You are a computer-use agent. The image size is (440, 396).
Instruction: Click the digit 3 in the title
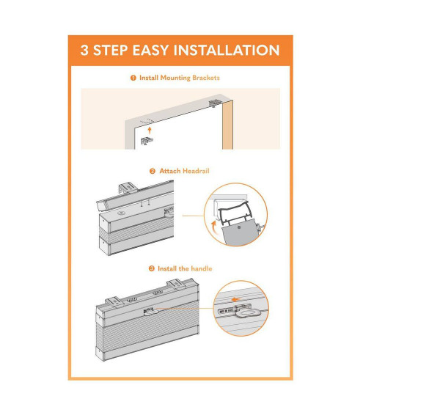[84, 51]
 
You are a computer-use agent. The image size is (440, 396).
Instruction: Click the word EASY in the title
[150, 51]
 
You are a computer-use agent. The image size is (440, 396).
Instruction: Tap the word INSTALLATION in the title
[227, 51]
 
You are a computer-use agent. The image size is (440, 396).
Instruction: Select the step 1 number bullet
[133, 78]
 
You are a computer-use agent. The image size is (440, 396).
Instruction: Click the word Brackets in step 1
[206, 78]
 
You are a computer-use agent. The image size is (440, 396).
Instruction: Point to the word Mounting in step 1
[175, 78]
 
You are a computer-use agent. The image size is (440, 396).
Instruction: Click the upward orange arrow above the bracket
[150, 130]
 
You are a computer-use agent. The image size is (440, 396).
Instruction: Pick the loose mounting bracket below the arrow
[147, 141]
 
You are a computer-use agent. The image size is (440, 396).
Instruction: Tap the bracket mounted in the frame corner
[214, 103]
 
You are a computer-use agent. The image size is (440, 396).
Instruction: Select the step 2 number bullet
[153, 171]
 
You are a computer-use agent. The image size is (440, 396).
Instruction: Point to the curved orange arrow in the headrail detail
[214, 227]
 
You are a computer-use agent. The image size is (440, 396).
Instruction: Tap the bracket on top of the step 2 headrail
[128, 187]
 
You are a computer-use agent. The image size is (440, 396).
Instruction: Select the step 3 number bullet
[152, 268]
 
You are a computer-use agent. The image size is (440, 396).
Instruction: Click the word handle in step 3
[201, 268]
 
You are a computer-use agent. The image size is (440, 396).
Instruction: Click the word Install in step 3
[167, 268]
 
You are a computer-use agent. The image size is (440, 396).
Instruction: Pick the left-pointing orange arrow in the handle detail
[235, 299]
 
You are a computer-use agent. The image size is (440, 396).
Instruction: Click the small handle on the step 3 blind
[149, 311]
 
